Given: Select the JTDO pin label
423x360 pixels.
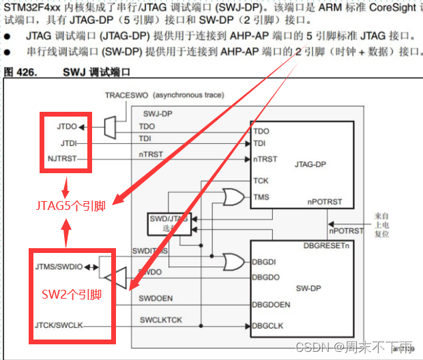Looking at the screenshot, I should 68,126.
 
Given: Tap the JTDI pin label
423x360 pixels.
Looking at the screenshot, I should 70,142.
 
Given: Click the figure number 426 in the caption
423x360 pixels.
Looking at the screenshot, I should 23,71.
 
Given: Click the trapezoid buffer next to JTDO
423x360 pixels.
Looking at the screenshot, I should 109,126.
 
